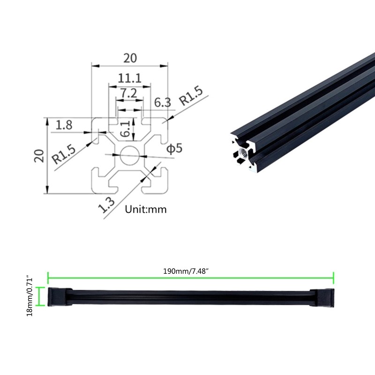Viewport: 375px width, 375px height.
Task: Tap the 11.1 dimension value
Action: click(130, 78)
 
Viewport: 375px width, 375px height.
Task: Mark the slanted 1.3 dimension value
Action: click(107, 204)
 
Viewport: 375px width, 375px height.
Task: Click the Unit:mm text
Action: click(145, 210)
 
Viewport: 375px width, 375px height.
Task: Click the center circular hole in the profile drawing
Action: click(129, 155)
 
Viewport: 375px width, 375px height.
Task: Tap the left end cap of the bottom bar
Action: click(59, 297)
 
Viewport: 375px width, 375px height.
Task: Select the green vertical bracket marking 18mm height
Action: click(41, 297)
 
